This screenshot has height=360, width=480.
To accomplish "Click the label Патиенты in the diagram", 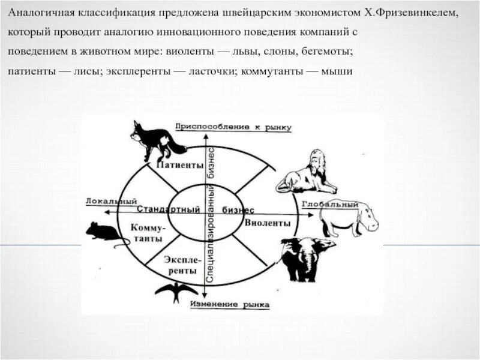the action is (x=179, y=164).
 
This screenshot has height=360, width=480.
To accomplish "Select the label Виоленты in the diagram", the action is (x=268, y=223).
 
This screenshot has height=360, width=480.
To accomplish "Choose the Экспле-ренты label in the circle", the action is (x=180, y=265).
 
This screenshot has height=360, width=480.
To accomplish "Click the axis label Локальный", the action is (x=112, y=201).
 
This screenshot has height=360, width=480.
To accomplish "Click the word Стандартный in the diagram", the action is (x=168, y=210).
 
